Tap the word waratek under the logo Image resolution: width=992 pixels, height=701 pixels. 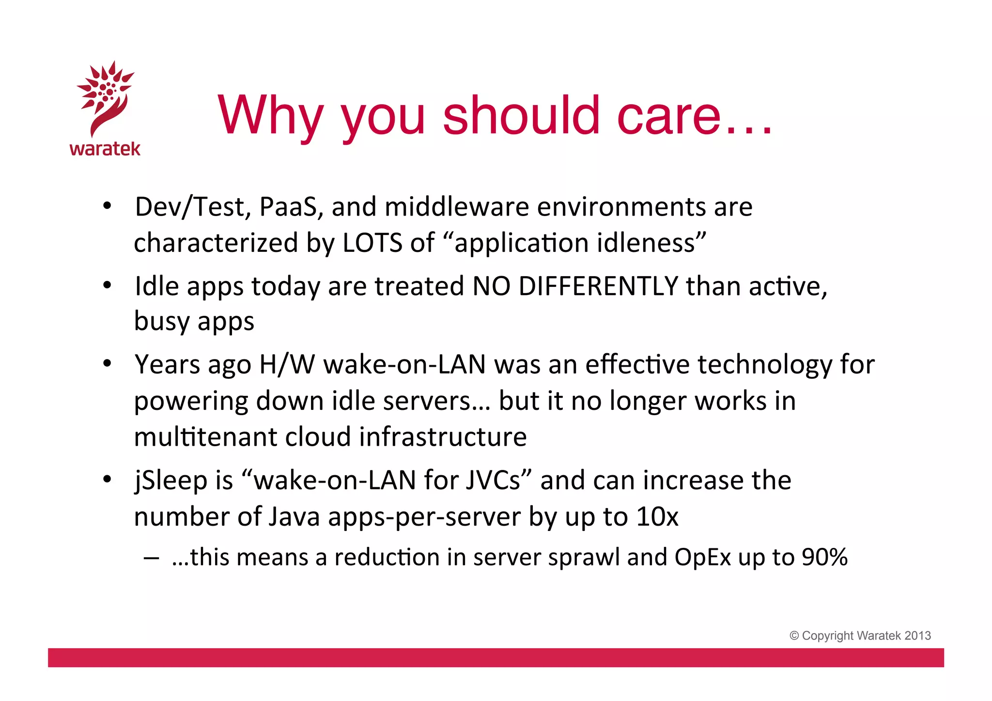[105, 149]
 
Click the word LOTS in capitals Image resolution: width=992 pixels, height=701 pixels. [372, 243]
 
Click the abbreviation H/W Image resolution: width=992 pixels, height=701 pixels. [287, 364]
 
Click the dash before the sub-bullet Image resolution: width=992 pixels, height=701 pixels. [151, 558]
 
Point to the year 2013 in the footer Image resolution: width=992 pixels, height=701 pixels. [917, 636]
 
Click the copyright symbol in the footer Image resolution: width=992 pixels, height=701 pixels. [794, 636]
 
